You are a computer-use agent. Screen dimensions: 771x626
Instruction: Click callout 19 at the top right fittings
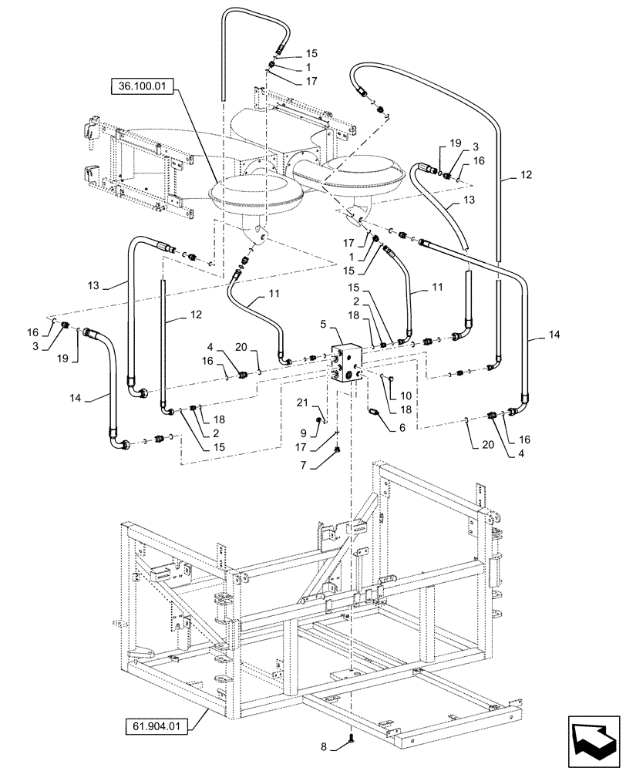[454, 144]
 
